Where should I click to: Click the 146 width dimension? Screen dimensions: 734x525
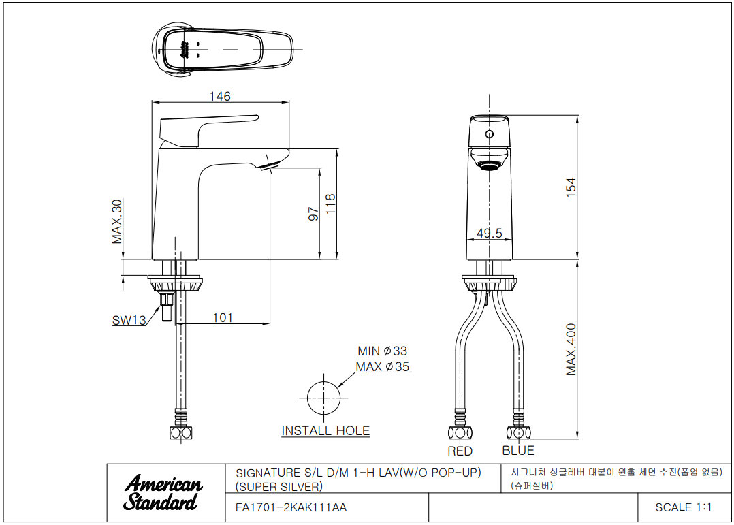pyautogui.click(x=220, y=96)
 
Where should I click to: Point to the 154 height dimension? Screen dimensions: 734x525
pyautogui.click(x=571, y=187)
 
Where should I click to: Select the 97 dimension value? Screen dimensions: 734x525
pyautogui.click(x=314, y=214)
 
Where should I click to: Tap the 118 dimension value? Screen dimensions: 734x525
pyautogui.click(x=330, y=204)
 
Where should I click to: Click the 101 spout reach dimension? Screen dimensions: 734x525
pyautogui.click(x=223, y=317)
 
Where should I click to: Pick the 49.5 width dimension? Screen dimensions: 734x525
pyautogui.click(x=489, y=233)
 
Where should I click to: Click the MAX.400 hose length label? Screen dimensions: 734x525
pyautogui.click(x=571, y=349)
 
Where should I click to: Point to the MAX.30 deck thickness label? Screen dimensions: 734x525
pyautogui.click(x=117, y=221)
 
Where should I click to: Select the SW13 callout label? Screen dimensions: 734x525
pyautogui.click(x=129, y=320)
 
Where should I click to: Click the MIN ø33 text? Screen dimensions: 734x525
pyautogui.click(x=383, y=351)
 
